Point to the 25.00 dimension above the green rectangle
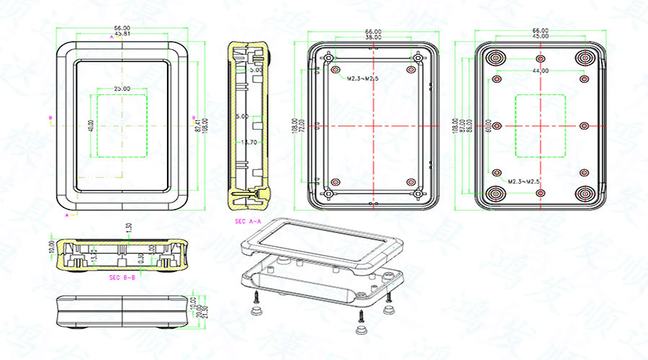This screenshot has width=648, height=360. point(122,89)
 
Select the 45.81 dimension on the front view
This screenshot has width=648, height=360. point(122,34)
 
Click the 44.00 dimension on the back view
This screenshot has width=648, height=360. point(541,71)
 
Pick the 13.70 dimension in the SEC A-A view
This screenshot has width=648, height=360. point(249,143)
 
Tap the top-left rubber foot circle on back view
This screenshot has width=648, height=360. point(496,58)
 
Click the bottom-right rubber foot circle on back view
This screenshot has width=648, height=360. point(584,194)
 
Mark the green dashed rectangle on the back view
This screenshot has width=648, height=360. point(540,126)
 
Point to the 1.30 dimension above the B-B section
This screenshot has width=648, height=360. point(129,227)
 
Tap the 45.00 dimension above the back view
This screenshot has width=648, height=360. point(540,36)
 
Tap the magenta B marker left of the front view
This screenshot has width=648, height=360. point(50,117)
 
